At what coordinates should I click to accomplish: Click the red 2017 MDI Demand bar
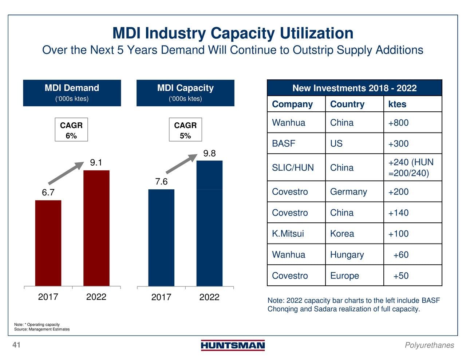tap(48, 243)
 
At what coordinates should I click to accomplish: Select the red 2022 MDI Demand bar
tap(96, 228)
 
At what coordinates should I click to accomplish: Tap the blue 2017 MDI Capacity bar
tap(161, 237)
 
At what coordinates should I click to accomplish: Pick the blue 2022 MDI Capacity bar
tap(209, 223)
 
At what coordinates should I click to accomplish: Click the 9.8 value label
tap(209, 154)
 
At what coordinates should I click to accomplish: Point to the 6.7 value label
tap(48, 193)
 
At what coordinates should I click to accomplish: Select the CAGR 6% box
tap(71, 130)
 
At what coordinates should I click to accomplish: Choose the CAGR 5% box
tap(185, 130)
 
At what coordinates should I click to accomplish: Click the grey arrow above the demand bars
tap(66, 173)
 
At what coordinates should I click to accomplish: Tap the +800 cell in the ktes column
tap(398, 123)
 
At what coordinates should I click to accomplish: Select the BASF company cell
tap(284, 143)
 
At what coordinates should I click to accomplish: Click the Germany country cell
tap(348, 192)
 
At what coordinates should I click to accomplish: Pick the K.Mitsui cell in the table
tap(288, 234)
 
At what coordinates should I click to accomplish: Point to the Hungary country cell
tap(347, 255)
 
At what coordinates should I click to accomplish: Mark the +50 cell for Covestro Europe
tap(401, 276)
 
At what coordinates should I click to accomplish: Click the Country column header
tap(347, 104)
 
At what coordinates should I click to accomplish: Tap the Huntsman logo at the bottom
tap(233, 345)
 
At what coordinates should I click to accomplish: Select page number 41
tap(16, 345)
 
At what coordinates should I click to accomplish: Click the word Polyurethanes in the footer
tap(429, 345)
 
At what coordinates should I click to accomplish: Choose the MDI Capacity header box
tap(185, 93)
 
